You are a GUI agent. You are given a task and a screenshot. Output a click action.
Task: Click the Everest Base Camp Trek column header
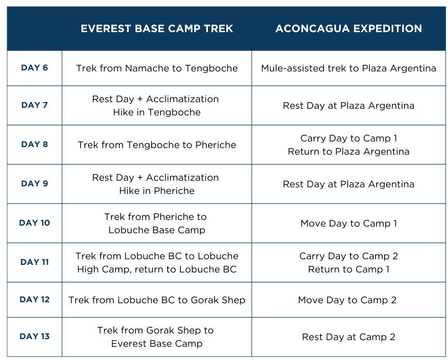click(x=157, y=28)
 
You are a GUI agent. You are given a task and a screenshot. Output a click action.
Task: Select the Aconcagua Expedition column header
click(x=349, y=28)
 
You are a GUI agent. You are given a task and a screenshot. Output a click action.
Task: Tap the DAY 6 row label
click(x=35, y=68)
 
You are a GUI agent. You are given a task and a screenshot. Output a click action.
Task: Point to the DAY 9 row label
click(x=35, y=183)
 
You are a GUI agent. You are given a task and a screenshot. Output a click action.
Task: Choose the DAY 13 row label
click(x=35, y=336)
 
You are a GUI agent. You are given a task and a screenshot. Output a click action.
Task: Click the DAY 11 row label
click(x=35, y=262)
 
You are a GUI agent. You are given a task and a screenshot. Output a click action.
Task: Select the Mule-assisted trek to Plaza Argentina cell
click(x=349, y=68)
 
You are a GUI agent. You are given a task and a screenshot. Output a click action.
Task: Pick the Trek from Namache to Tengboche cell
click(x=157, y=68)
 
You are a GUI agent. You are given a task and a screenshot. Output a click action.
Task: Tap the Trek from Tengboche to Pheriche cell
click(x=157, y=145)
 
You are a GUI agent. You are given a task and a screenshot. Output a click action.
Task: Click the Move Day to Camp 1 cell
click(x=349, y=223)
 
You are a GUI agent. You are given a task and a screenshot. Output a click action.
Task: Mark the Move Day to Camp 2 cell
click(x=347, y=300)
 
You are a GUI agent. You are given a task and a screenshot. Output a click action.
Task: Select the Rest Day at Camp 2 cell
click(x=349, y=337)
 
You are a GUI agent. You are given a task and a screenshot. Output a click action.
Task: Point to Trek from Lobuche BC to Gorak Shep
click(x=157, y=300)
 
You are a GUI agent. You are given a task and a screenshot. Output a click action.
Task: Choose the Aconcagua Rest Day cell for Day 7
click(x=349, y=105)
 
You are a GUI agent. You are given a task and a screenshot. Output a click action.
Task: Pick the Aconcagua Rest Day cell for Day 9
click(x=349, y=184)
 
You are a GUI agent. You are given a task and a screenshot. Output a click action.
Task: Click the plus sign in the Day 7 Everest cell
click(x=140, y=99)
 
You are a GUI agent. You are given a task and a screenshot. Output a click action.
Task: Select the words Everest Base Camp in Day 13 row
click(x=157, y=343)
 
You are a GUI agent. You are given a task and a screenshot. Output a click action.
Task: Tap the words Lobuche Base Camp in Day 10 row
click(x=157, y=230)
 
